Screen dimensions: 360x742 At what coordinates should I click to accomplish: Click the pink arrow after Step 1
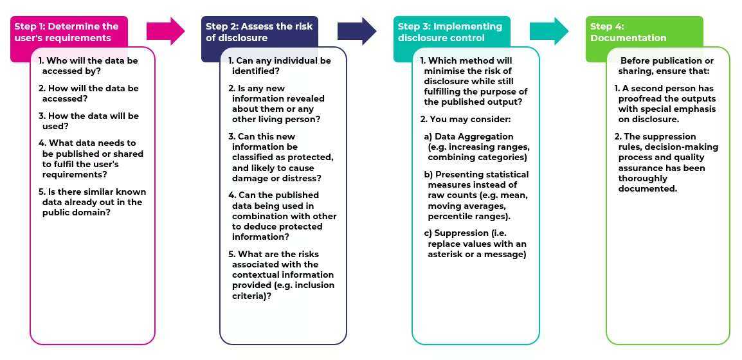pyautogui.click(x=165, y=31)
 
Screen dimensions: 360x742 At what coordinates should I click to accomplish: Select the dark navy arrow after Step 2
pyautogui.click(x=357, y=31)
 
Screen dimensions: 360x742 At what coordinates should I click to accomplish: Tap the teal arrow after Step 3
pyautogui.click(x=548, y=31)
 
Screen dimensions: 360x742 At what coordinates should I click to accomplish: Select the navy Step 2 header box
pyautogui.click(x=259, y=32)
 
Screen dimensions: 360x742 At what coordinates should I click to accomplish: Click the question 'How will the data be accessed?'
pyautogui.click(x=89, y=93)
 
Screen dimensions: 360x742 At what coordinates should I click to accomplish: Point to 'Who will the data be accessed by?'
pyautogui.click(x=89, y=66)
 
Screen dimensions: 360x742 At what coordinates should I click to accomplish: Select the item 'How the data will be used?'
pyautogui.click(x=89, y=121)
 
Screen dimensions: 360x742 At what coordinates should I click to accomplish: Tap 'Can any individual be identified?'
pyautogui.click(x=280, y=66)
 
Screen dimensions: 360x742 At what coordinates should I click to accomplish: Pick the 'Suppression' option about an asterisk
pyautogui.click(x=476, y=244)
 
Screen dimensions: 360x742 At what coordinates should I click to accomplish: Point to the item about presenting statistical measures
pyautogui.click(x=476, y=195)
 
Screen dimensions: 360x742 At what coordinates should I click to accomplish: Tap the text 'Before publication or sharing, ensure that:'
pyautogui.click(x=665, y=66)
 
